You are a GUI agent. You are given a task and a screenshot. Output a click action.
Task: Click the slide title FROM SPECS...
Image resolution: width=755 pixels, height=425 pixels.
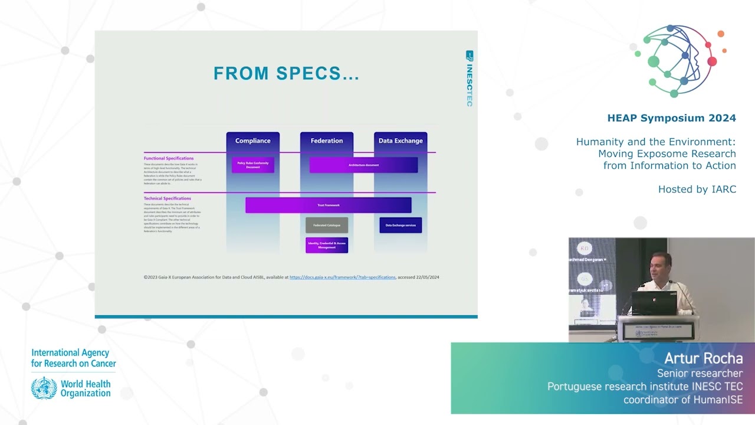(x=286, y=73)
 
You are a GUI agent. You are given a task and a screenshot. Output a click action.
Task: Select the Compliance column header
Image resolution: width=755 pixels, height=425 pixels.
(x=252, y=140)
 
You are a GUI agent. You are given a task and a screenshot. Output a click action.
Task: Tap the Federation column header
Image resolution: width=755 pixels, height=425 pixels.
(x=326, y=140)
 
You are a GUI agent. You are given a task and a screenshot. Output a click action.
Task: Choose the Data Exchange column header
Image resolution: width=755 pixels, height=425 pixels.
(x=401, y=140)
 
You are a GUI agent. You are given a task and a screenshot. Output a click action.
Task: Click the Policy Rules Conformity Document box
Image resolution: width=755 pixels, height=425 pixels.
(x=252, y=165)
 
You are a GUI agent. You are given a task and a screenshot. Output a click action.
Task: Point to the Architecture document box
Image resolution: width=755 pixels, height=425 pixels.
(x=363, y=165)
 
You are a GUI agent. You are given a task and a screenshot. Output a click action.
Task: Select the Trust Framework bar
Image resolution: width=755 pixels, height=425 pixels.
(x=328, y=205)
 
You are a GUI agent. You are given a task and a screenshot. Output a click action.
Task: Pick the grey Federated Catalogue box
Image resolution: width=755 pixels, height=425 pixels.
(x=326, y=225)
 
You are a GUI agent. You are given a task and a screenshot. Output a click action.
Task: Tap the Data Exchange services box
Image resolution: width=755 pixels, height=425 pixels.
(x=401, y=225)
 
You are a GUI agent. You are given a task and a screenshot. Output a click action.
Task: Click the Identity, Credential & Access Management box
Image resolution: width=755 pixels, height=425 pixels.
(x=326, y=245)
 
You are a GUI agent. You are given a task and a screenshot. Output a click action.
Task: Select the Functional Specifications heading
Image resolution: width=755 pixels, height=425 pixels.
(x=169, y=158)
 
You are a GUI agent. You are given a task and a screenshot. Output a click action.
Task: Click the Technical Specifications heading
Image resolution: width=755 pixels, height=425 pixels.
(x=168, y=198)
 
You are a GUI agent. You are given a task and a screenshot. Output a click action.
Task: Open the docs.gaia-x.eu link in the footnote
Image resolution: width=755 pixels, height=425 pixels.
(x=342, y=277)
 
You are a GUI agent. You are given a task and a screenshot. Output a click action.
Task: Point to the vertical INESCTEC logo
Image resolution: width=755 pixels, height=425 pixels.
(x=470, y=79)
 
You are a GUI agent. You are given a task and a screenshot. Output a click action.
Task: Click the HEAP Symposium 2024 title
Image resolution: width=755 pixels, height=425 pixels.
(x=671, y=118)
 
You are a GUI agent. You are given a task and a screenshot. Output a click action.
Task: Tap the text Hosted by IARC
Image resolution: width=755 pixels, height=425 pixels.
(x=697, y=189)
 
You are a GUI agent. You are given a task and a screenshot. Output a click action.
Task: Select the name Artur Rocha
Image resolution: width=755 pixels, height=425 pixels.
(x=703, y=358)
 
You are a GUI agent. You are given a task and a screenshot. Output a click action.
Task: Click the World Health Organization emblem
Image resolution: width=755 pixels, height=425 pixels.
(x=44, y=388)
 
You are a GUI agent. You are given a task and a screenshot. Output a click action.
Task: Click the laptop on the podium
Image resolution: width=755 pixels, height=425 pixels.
(x=654, y=303)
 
